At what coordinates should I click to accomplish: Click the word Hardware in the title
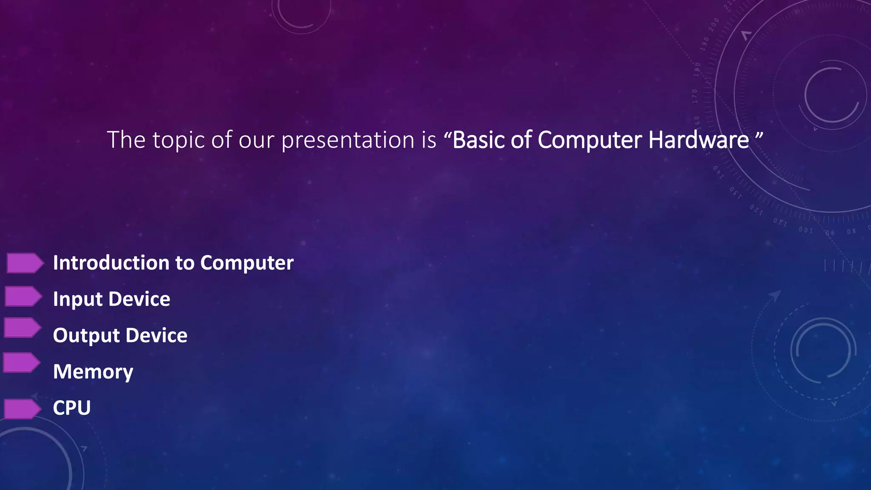(698, 140)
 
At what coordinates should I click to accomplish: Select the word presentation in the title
(347, 141)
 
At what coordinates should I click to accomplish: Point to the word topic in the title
(179, 141)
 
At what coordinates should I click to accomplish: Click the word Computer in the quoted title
(590, 141)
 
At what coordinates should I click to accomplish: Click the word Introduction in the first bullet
(111, 263)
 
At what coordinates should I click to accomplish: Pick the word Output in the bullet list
(86, 336)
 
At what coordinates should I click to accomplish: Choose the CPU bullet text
(71, 408)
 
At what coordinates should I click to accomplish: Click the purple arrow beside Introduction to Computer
(25, 263)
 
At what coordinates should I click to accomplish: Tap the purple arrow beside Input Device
(23, 296)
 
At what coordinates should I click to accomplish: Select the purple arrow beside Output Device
(22, 328)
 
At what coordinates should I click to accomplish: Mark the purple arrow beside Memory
(21, 363)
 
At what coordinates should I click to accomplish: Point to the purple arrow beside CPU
(22, 409)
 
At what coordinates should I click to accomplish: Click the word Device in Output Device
(157, 336)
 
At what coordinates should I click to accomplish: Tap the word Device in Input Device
(139, 299)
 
